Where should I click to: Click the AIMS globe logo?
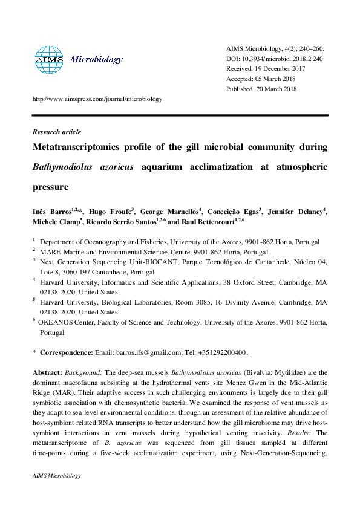point(49,59)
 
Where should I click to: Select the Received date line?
point(264,68)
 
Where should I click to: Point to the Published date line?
point(261,89)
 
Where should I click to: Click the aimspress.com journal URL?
point(97,99)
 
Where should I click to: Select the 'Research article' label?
point(57,132)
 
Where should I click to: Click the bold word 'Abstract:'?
point(48,373)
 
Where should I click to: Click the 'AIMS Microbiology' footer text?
point(57,476)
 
